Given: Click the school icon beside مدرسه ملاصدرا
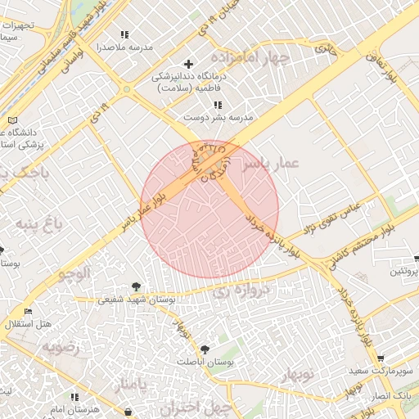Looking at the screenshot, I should pos(124,34).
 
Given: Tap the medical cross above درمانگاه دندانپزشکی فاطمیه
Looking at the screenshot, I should pos(189,64).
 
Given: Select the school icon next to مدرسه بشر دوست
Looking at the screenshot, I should pos(217,105).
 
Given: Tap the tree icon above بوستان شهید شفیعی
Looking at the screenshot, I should pos(135,286).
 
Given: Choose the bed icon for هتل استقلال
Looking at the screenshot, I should pos(29,312).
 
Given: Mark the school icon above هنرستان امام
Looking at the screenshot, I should pos(75,396).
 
